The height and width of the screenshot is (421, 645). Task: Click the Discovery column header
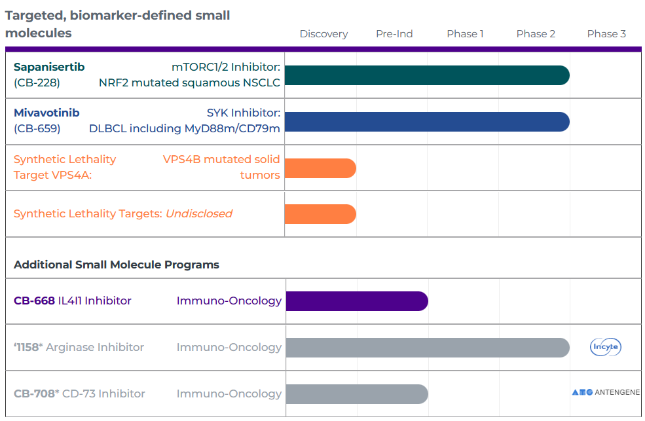click(323, 33)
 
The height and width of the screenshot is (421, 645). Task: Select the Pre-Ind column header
click(394, 33)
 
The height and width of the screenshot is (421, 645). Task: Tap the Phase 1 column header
click(465, 33)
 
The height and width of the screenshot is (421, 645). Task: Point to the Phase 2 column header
click(536, 33)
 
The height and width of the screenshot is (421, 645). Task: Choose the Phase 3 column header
click(606, 33)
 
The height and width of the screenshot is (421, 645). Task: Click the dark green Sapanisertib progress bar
click(427, 75)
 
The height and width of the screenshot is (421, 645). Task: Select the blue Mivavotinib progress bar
click(427, 122)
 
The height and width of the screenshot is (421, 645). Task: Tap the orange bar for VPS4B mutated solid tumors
click(320, 168)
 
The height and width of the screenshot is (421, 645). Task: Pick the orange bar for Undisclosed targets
click(320, 214)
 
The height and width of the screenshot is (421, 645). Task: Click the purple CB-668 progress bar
click(357, 301)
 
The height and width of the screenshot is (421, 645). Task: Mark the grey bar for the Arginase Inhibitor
click(428, 348)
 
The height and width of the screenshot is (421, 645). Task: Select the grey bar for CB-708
click(357, 394)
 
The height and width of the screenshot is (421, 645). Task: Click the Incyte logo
click(606, 347)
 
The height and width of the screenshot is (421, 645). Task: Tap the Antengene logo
click(606, 392)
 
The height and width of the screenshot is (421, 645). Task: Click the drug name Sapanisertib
click(49, 67)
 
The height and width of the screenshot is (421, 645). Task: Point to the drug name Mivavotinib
click(46, 113)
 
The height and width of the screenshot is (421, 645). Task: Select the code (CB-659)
click(37, 129)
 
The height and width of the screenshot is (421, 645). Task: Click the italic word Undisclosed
click(199, 214)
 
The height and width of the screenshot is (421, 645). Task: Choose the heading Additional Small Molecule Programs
click(117, 265)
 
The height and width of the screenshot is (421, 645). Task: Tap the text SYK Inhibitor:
click(244, 113)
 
